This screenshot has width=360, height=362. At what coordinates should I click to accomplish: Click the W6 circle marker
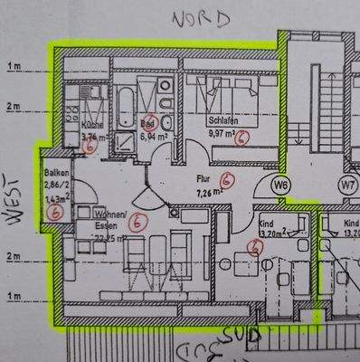[x=282, y=186]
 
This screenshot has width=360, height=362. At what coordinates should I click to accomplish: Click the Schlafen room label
[x=222, y=119]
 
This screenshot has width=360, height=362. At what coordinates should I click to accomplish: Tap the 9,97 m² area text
[x=223, y=133]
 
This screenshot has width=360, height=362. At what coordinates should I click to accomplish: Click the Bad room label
[x=147, y=124]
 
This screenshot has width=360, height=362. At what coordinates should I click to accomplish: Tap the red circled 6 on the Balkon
[x=57, y=213]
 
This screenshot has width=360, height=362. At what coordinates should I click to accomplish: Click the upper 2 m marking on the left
[x=14, y=106]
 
